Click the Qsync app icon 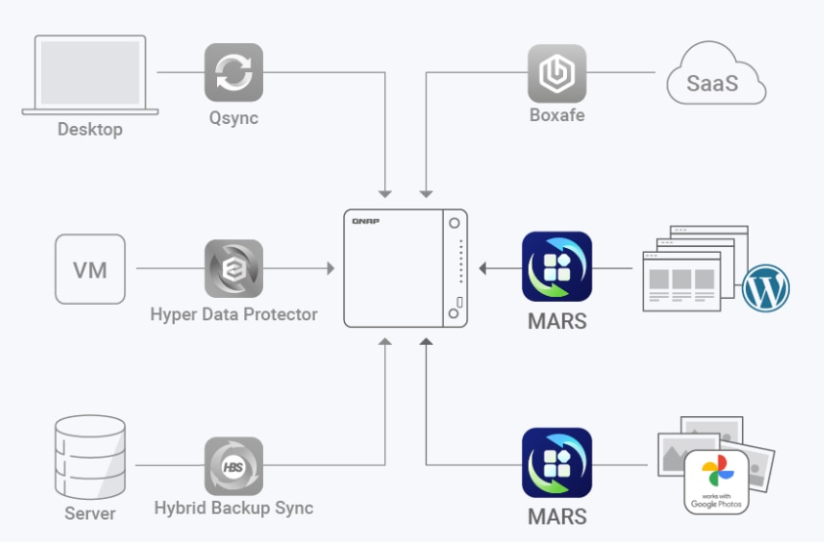tap(234, 72)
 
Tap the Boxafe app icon tap(556, 72)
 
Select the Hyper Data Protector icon tap(234, 269)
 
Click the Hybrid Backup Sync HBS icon tap(234, 466)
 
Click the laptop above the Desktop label tap(90, 75)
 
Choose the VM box tap(90, 269)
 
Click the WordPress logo tap(765, 289)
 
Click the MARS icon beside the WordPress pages tap(556, 266)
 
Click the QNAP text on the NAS tap(366, 222)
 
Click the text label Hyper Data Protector tap(234, 314)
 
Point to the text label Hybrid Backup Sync tap(234, 508)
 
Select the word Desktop tap(90, 129)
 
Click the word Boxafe tap(556, 117)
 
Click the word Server tap(90, 513)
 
